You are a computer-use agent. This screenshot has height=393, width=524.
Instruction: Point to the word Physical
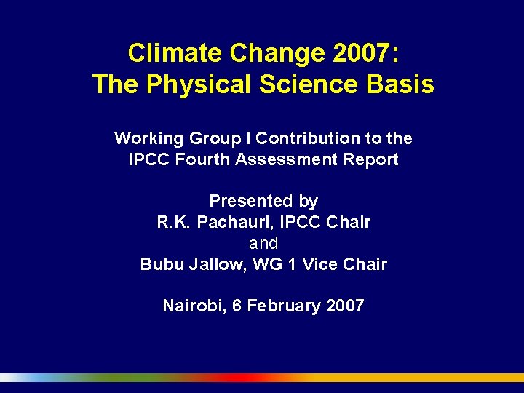[x=191, y=85]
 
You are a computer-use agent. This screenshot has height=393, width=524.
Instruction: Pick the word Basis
[x=400, y=84]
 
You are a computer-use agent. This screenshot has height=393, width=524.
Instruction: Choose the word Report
[x=373, y=160]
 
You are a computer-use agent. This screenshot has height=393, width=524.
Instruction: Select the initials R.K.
[x=173, y=222]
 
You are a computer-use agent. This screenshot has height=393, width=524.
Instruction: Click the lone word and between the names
[x=263, y=243]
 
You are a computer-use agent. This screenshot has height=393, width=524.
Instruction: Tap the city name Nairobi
[x=194, y=306]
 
